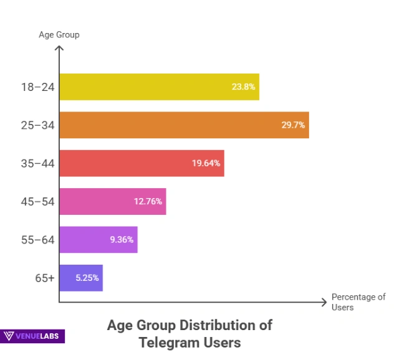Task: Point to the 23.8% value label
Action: point(243,87)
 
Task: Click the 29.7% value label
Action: point(293,125)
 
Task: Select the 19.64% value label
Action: point(206,163)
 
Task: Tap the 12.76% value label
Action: point(148,201)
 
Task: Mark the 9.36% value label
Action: point(122,240)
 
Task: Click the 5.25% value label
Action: point(87,278)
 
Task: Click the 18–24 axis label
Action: point(37,87)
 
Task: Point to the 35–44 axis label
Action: point(37,163)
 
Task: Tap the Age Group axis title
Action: point(59,35)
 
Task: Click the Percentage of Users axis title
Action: point(358,302)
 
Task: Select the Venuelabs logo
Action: point(32,336)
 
